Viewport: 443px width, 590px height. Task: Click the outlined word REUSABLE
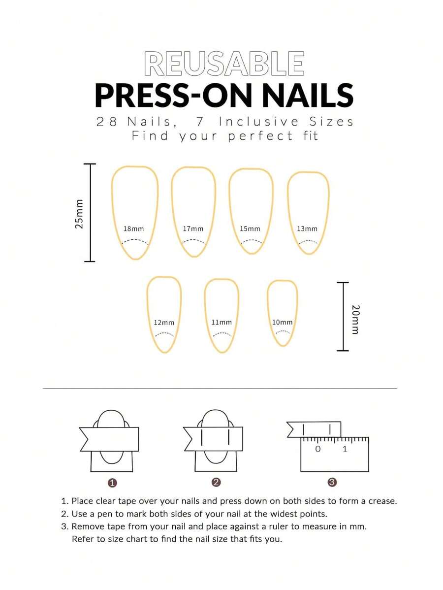224,64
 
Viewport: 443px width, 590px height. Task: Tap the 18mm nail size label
133,229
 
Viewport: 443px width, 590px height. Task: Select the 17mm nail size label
193,229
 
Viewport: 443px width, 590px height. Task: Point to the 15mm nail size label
250,229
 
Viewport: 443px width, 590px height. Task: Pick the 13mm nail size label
307,229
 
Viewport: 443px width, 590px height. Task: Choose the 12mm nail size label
164,323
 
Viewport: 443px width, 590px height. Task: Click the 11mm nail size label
221,322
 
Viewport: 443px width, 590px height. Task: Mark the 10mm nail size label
283,322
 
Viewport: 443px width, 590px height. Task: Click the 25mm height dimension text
79,214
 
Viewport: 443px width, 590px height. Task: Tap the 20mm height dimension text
355,319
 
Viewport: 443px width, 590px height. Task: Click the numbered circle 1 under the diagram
112,483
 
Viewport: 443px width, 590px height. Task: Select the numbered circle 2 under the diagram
216,483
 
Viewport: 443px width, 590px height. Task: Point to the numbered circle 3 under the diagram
332,483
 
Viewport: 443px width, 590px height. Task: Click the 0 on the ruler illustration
317,449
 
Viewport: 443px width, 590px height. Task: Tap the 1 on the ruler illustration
345,449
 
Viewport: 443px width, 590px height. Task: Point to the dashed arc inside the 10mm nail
283,331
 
